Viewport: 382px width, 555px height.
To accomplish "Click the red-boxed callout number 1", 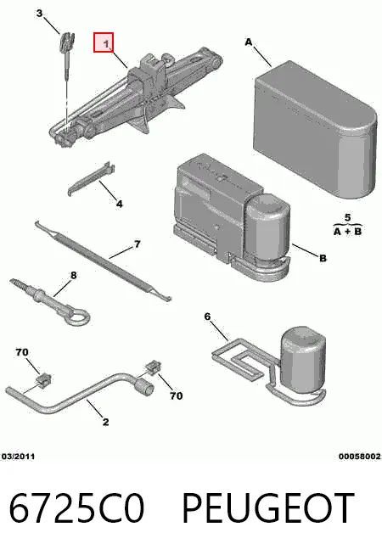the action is (x=106, y=44).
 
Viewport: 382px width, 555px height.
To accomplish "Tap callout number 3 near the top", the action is (x=39, y=14).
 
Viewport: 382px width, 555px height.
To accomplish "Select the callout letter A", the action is (x=249, y=42).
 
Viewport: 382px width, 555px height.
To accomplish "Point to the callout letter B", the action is (x=323, y=258).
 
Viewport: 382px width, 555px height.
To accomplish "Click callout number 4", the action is (x=120, y=204).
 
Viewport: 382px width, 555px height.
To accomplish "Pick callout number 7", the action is (x=137, y=244).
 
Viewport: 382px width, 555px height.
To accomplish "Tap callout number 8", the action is (x=74, y=275).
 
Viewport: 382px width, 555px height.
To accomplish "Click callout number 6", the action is (x=207, y=316).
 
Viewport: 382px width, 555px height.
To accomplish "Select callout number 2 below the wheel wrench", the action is (x=105, y=422).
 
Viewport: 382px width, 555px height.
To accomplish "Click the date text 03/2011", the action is (x=19, y=457).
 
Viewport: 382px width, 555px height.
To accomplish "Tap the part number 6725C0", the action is (x=76, y=508).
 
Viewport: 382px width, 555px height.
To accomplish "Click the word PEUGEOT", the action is (x=268, y=508).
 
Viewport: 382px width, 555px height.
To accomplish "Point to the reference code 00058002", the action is (x=360, y=457).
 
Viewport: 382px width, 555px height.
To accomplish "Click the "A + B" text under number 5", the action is (x=348, y=232).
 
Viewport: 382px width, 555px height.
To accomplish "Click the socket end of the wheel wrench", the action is (x=144, y=386).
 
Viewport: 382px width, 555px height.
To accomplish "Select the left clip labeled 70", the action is (x=44, y=380).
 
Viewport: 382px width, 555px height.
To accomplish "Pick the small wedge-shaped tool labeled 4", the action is (x=91, y=179).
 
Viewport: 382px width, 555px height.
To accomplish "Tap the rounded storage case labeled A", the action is (x=315, y=130).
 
